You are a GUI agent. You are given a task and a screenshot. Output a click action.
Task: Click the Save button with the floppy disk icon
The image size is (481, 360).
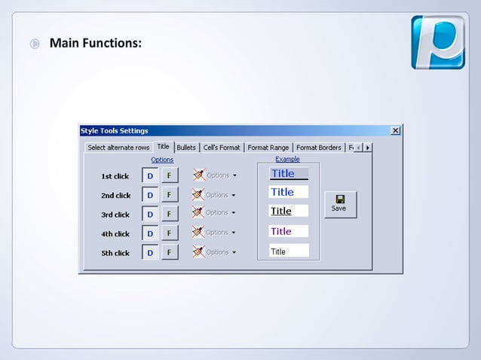coord(340,203)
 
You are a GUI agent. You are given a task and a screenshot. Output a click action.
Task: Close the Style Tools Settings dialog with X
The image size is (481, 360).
coord(396,131)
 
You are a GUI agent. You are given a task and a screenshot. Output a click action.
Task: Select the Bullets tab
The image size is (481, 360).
coord(186,148)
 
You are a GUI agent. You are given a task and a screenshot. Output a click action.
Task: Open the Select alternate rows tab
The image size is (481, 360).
coord(118,148)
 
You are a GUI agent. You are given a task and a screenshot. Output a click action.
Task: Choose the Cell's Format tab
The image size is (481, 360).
coord(222,148)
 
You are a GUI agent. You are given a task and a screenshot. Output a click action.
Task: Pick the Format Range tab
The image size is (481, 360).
coord(268,148)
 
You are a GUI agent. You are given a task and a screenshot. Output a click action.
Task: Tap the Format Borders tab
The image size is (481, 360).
coord(318,148)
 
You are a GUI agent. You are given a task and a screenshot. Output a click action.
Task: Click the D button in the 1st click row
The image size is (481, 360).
coord(150,175)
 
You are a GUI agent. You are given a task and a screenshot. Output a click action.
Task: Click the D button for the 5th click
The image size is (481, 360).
coord(150,252)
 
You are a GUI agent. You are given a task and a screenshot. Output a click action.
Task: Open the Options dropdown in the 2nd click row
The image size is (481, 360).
coord(221,194)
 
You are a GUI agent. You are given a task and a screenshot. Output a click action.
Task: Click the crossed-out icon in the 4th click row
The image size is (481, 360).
coord(198,232)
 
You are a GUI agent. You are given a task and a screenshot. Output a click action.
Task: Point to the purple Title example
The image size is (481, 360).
coord(289,231)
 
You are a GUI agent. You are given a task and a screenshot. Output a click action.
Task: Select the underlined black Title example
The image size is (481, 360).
coord(289,212)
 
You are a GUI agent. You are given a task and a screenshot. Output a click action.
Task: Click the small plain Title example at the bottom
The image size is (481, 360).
coord(289,252)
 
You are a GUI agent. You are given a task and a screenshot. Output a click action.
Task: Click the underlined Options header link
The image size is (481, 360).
coord(162,160)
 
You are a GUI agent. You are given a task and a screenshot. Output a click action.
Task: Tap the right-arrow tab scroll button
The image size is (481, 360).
coord(367,148)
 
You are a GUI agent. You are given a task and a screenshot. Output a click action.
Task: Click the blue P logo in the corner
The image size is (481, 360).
coord(437,42)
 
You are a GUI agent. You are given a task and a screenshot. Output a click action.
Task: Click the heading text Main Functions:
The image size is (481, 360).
coord(95,43)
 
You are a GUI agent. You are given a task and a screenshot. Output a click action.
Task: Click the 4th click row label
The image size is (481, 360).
coord(115,234)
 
